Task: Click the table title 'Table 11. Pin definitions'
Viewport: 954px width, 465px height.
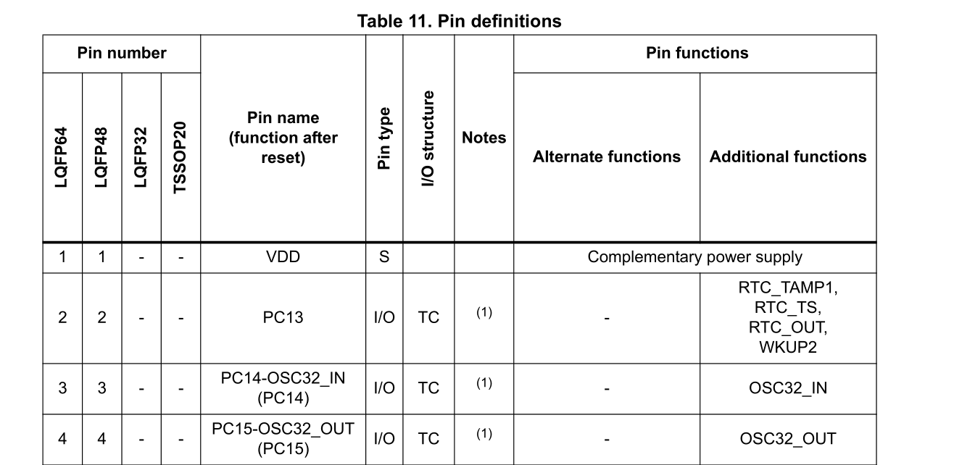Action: coord(460,21)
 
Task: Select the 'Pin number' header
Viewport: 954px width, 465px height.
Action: coord(122,53)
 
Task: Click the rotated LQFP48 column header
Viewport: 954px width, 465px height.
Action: coord(101,157)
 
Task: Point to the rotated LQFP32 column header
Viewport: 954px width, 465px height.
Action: coord(141,157)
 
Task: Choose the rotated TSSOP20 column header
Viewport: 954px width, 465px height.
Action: coord(181,157)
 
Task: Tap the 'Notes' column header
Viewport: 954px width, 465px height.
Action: coord(484,138)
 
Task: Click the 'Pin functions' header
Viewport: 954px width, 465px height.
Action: coord(697,53)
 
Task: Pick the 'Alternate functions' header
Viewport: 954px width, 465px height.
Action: coord(607,156)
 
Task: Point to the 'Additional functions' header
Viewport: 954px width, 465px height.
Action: coord(788,156)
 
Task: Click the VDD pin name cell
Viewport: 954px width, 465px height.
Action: coord(283,257)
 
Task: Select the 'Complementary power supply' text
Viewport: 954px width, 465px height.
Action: coord(694,257)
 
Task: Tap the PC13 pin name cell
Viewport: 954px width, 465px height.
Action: coord(283,318)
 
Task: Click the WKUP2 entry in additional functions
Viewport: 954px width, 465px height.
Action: coord(788,347)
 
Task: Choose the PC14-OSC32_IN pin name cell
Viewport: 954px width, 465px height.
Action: coord(283,388)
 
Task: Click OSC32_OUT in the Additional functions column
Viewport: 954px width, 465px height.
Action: coord(788,438)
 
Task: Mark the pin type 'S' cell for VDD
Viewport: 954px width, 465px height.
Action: coord(384,257)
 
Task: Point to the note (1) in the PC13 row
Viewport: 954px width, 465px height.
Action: coord(484,312)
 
